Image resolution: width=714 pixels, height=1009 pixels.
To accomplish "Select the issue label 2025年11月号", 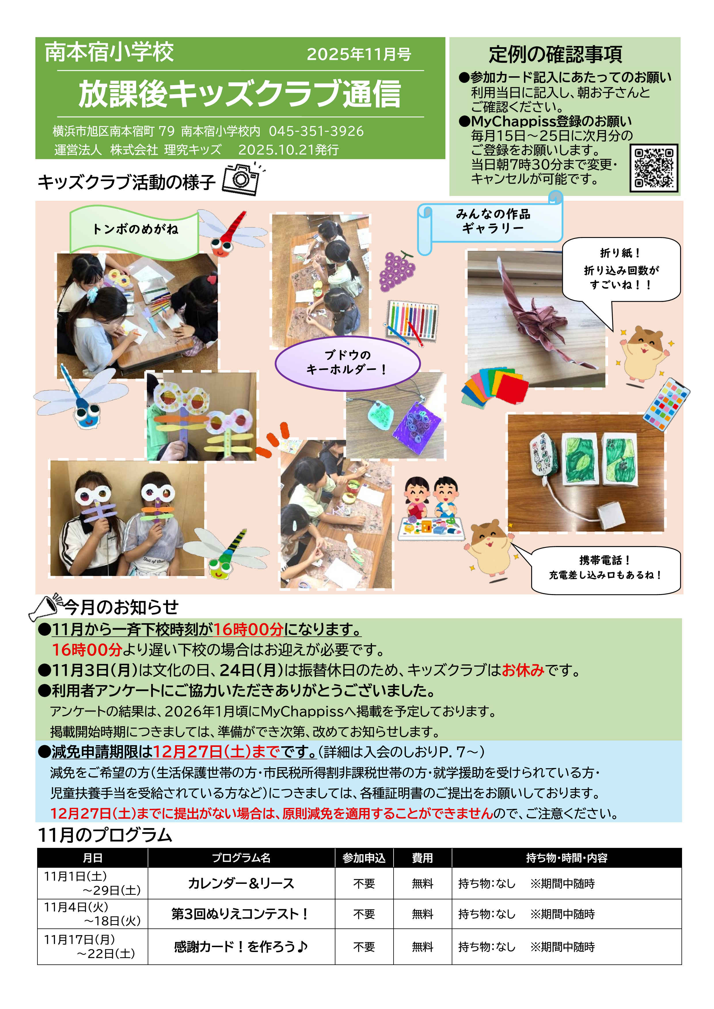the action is point(359,54).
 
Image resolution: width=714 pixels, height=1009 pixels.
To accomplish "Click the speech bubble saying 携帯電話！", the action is point(605,570).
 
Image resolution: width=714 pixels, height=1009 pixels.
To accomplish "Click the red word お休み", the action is point(523,670).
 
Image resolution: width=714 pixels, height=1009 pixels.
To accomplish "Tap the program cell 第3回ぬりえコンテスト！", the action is point(241,914).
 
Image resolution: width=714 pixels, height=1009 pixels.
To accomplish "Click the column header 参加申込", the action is point(364,858).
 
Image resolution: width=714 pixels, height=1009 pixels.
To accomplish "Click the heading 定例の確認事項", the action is point(555,54).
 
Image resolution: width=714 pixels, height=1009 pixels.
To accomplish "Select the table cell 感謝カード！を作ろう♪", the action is point(241,946).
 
